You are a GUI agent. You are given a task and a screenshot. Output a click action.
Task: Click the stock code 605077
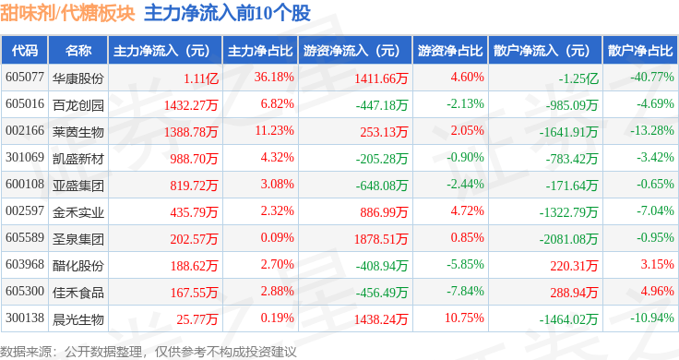coord(25,78)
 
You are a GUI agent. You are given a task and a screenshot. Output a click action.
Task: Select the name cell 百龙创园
coord(77,105)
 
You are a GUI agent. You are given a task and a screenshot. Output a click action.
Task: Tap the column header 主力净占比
coord(260,51)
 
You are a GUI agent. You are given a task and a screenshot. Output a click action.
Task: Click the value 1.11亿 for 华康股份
coord(201,78)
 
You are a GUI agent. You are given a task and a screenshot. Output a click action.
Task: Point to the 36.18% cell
coord(274,78)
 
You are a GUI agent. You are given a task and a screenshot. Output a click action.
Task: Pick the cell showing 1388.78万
coord(191,132)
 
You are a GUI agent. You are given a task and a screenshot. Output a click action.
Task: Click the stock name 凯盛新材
coord(77,159)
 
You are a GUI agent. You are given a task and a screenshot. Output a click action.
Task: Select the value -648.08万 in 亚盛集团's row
coord(382,186)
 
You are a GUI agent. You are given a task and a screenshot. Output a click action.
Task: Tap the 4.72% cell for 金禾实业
coord(467,211)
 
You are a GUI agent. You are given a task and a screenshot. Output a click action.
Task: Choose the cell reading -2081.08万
coord(568,239)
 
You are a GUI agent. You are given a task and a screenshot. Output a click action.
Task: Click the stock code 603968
coord(25,264)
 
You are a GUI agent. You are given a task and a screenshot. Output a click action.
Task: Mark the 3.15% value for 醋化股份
coord(658,264)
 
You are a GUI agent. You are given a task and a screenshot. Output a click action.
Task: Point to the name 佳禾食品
coord(77,293)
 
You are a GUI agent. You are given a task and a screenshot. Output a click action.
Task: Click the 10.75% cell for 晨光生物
coord(464,318)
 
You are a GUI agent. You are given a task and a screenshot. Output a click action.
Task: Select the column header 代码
coord(25,51)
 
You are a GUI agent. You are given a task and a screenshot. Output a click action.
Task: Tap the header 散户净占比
coord(640,51)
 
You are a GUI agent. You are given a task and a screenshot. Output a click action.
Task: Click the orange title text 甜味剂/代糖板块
coord(67,13)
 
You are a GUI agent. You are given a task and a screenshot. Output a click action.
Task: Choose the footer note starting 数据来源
coord(149,352)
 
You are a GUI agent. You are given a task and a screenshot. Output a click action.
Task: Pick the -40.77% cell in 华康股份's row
coord(652,78)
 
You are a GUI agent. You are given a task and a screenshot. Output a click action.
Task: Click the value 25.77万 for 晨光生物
coord(197,319)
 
